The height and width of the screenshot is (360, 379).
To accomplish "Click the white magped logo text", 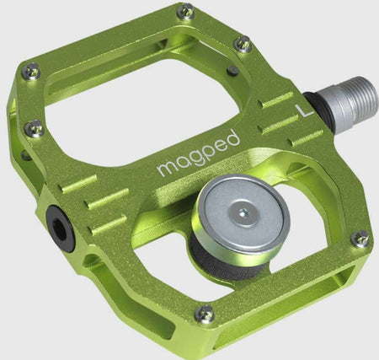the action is coord(199,153).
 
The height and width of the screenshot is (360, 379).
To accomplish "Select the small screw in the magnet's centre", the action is coord(242,213).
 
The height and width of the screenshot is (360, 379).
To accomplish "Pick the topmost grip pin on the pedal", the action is coord(186,11).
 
